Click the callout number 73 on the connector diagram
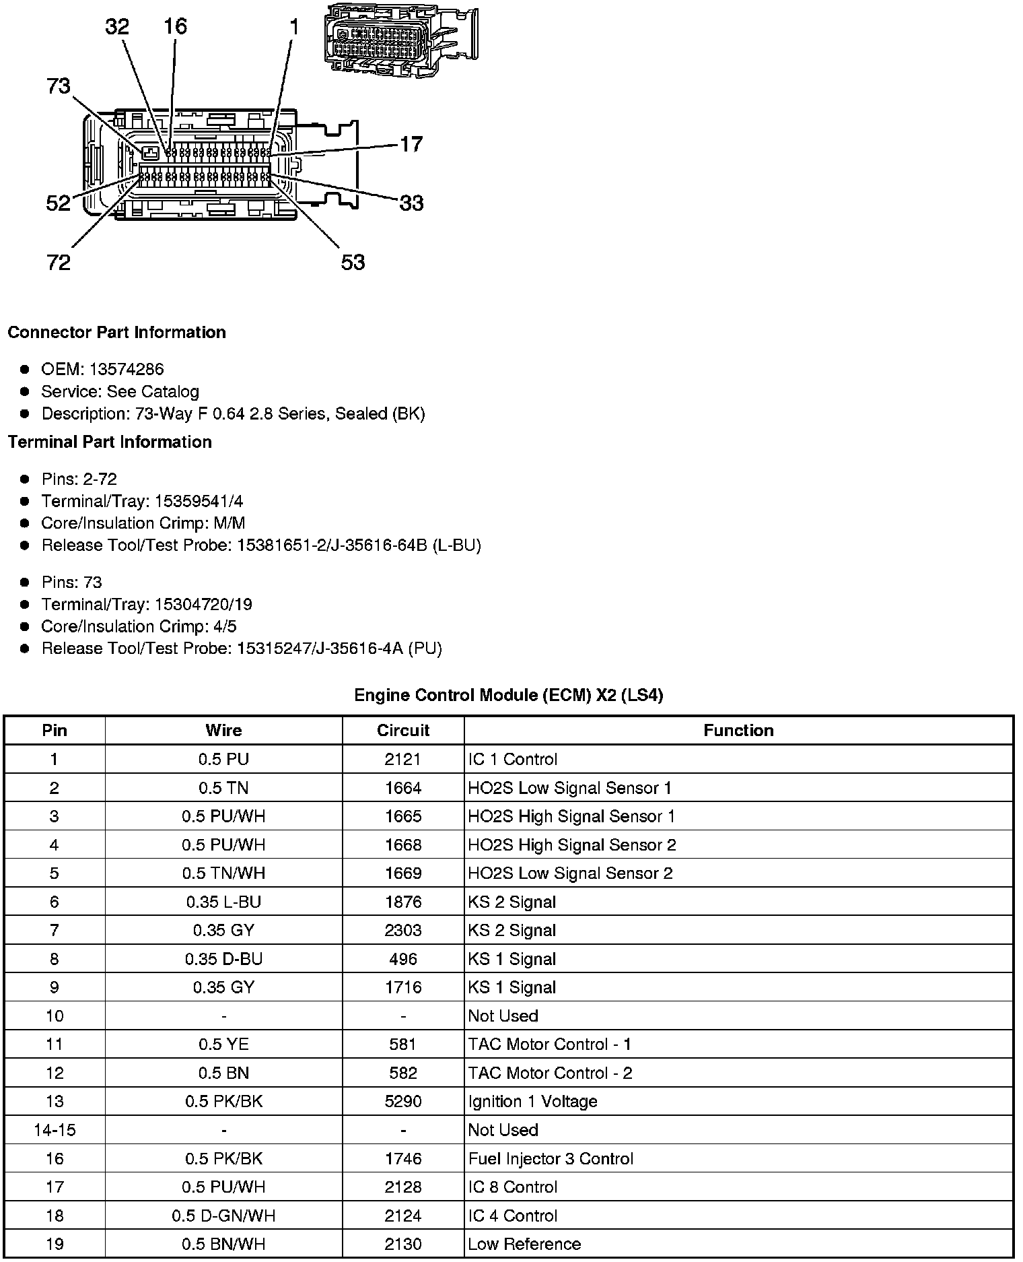[59, 86]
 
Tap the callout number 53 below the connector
[353, 262]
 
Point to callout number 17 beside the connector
[411, 144]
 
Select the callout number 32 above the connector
[117, 26]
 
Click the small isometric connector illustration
[401, 38]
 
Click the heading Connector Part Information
[116, 333]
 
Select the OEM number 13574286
[127, 369]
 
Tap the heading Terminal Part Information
[110, 442]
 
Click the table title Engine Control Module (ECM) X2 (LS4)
[509, 695]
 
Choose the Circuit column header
[402, 731]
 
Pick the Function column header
[738, 731]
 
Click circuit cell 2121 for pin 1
[402, 760]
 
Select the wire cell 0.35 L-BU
[223, 902]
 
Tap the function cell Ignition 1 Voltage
[532, 1102]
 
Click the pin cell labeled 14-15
[55, 1130]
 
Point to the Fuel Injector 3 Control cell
[551, 1159]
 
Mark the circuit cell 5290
[402, 1102]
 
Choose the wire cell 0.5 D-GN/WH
[223, 1216]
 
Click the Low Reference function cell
[524, 1244]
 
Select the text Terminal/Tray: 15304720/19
[147, 604]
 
